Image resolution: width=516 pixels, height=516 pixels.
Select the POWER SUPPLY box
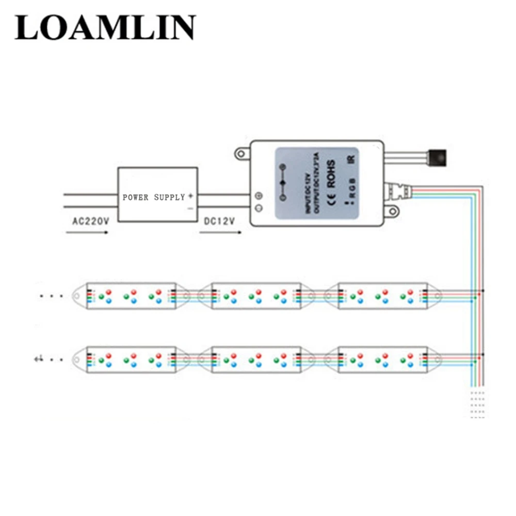(x=157, y=195)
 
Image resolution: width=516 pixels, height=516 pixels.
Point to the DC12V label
(x=219, y=221)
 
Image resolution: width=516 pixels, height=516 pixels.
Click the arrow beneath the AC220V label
(x=87, y=233)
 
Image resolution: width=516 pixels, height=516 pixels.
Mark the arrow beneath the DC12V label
(x=220, y=233)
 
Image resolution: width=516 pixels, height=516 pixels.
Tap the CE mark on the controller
(x=331, y=199)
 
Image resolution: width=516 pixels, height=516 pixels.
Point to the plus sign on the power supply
(x=190, y=196)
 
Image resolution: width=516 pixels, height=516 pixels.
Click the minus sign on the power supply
(x=190, y=208)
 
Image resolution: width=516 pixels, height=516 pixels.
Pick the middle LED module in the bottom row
(x=256, y=360)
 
